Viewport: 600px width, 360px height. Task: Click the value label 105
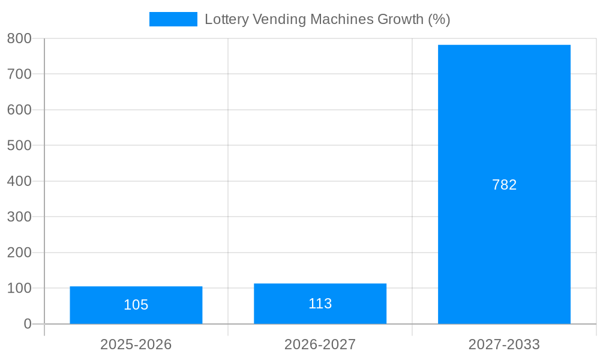pos(136,305)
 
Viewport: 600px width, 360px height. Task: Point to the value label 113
pos(320,304)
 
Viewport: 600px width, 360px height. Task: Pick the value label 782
pos(504,185)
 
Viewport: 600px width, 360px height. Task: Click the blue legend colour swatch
pos(173,19)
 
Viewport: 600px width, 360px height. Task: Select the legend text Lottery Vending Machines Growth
pos(327,19)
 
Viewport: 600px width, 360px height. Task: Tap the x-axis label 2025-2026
pos(136,344)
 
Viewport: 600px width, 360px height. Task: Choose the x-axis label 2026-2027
pos(320,344)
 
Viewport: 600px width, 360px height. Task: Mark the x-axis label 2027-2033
pos(504,344)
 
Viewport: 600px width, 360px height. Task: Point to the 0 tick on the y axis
pos(27,324)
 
